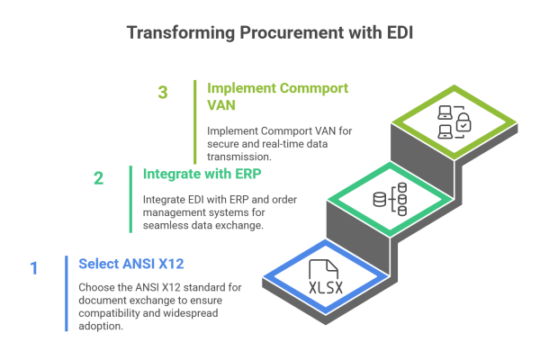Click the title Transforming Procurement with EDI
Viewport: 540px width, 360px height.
pyautogui.click(x=269, y=33)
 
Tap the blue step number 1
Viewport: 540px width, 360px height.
pyautogui.click(x=34, y=267)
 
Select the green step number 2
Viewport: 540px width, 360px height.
pyautogui.click(x=98, y=177)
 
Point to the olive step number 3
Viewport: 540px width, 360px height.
pyautogui.click(x=162, y=93)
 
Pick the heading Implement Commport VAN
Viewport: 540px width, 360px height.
pyautogui.click(x=277, y=89)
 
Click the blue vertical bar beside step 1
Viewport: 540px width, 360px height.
pyautogui.click(x=67, y=293)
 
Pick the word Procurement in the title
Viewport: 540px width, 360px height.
pyautogui.click(x=278, y=33)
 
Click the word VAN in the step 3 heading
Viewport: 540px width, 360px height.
pyautogui.click(x=222, y=104)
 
